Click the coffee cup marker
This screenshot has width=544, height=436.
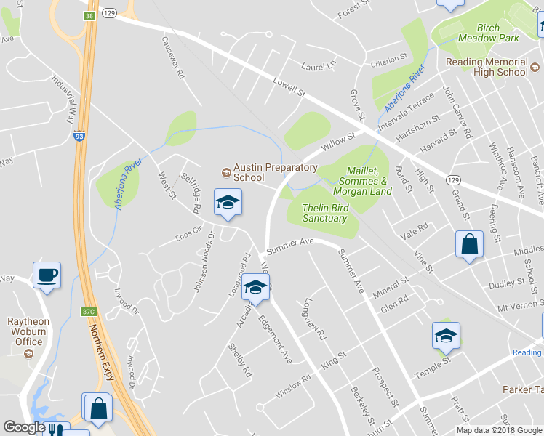(x=47, y=275)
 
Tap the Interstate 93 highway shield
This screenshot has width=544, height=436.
(x=79, y=135)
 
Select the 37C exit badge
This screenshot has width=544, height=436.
(x=88, y=312)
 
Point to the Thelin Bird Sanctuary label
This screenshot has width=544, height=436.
(x=325, y=213)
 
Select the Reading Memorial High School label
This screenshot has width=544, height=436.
(x=487, y=67)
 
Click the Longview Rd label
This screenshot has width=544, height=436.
(x=316, y=320)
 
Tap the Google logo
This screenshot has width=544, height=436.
(x=24, y=427)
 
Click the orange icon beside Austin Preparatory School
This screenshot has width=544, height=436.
(x=226, y=172)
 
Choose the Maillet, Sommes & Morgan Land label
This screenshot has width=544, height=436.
(x=362, y=180)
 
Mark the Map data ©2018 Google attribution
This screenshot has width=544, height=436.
(x=500, y=430)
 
